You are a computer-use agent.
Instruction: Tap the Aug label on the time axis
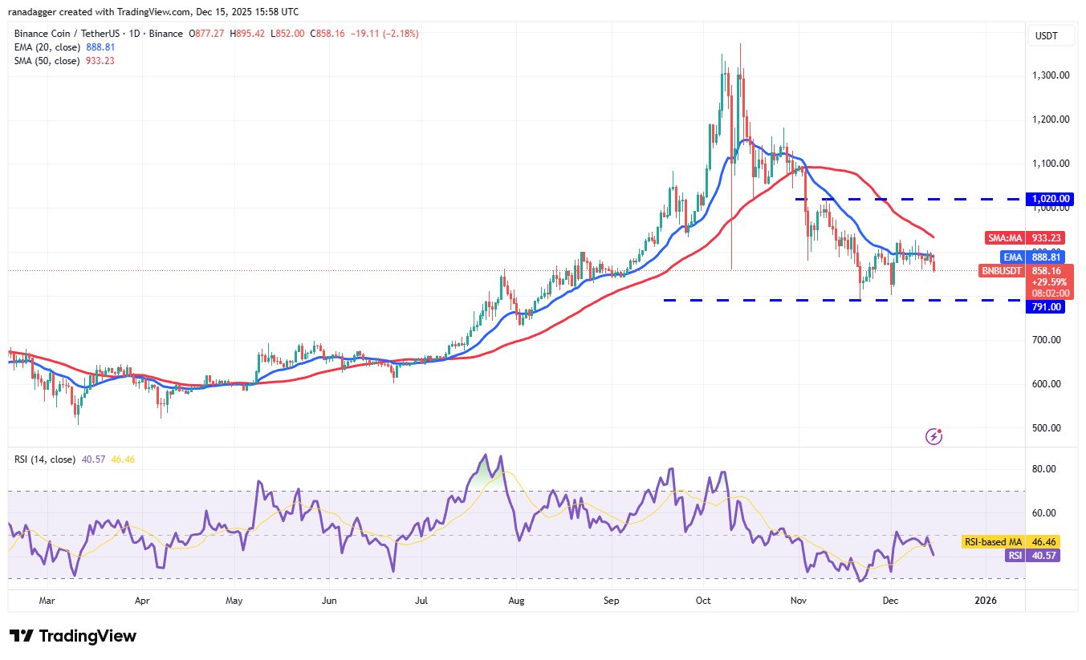pyautogui.click(x=517, y=600)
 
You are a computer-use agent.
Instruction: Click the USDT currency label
pyautogui.click(x=1047, y=35)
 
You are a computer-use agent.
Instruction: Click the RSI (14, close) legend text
pyautogui.click(x=45, y=460)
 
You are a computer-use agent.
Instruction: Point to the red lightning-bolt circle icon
pyautogui.click(x=933, y=436)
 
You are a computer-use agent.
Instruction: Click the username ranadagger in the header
pyautogui.click(x=40, y=12)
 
